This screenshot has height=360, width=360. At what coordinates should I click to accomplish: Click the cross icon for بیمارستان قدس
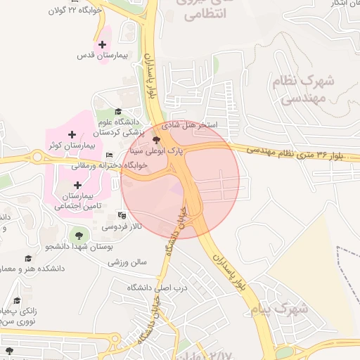pos(103,44)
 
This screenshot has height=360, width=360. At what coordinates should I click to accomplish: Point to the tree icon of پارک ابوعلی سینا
pos(155,141)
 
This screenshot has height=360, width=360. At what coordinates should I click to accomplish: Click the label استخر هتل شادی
pos(190,125)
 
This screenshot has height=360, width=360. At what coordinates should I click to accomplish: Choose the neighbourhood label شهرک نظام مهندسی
pos(302,91)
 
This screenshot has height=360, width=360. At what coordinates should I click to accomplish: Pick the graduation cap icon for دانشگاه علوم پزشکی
pos(118,111)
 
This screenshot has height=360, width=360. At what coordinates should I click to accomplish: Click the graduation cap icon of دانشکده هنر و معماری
pos(28,258)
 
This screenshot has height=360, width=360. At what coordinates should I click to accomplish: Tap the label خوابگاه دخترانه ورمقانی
pos(107,165)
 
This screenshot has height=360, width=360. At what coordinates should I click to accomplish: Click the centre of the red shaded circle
pos(180,179)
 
